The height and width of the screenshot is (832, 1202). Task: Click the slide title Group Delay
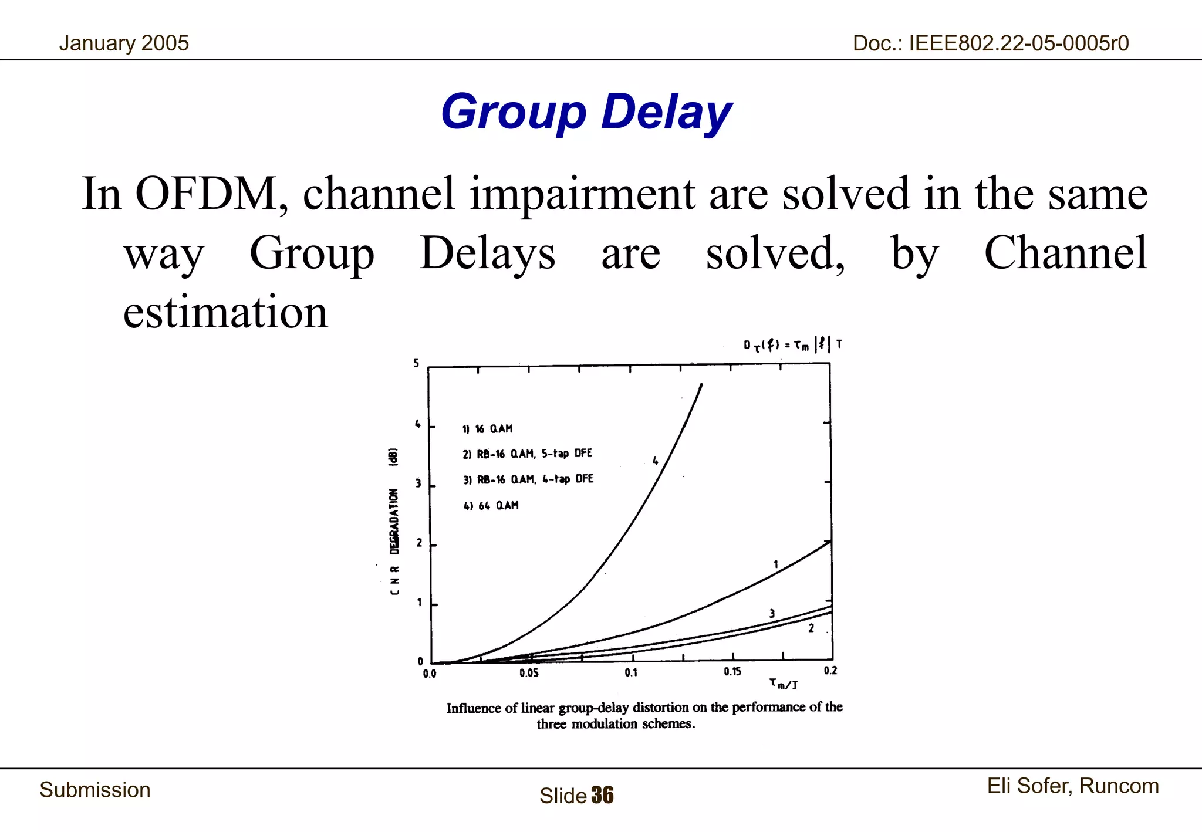[586, 112]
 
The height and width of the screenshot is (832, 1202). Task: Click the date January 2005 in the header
[124, 43]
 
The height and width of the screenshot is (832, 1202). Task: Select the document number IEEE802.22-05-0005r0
[991, 43]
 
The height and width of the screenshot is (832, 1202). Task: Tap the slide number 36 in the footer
[602, 796]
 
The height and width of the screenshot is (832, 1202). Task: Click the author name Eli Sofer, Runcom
[1072, 786]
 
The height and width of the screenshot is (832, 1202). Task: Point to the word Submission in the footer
[95, 790]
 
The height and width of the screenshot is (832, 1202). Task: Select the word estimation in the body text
[225, 312]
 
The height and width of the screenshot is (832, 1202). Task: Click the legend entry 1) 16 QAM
[487, 429]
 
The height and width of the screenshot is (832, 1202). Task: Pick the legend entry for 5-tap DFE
[527, 454]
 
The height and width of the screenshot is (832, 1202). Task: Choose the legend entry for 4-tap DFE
[528, 479]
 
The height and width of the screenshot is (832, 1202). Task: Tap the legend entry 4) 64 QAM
[491, 505]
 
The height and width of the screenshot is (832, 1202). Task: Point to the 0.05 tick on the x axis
[529, 673]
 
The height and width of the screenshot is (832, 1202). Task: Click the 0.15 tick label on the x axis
[732, 672]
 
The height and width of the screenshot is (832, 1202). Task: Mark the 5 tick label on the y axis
[416, 364]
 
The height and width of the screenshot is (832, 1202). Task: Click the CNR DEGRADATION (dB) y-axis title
[394, 521]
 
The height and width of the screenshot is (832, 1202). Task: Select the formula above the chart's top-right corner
[793, 344]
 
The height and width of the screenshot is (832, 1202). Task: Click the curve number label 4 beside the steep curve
[656, 461]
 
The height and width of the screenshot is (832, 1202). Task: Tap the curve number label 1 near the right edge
[775, 564]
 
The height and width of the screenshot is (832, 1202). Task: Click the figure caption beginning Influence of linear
[644, 715]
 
